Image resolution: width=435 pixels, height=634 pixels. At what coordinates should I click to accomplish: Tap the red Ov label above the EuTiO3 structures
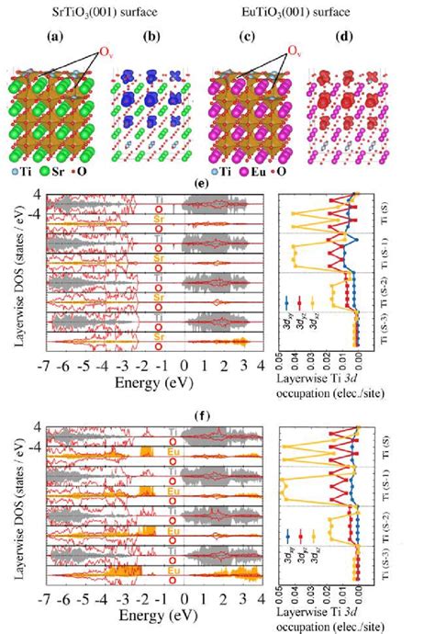tap(296, 50)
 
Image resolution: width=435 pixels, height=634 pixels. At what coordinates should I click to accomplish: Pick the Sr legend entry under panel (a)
tap(80, 173)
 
